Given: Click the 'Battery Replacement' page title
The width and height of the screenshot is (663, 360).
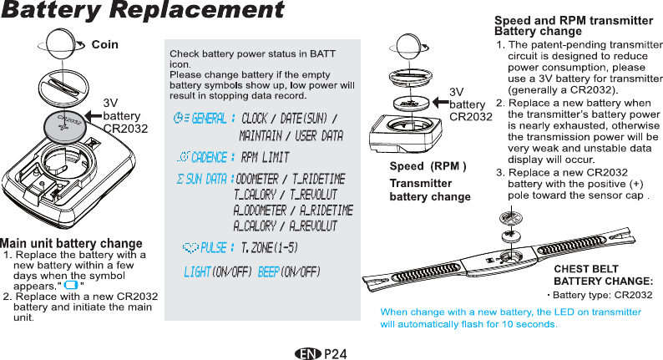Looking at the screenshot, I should coord(143,12).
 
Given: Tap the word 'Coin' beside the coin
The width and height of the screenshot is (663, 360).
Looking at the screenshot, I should coord(104,43).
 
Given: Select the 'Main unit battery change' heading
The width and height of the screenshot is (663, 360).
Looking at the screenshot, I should coord(71,243).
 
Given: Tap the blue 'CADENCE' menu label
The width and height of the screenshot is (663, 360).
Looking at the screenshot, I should coord(210,158).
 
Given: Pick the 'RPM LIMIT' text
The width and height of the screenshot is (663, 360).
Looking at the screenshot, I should coord(265,158).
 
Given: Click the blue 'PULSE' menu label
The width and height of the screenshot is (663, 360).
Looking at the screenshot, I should coord(216,247).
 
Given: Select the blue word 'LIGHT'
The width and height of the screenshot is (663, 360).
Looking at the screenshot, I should coord(197,273).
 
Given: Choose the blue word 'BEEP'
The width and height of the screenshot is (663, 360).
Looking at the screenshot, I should coord(268,273).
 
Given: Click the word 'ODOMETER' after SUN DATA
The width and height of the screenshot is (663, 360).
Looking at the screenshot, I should coord(257,180).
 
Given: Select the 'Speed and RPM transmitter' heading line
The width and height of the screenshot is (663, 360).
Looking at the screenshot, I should coord(574,20).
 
